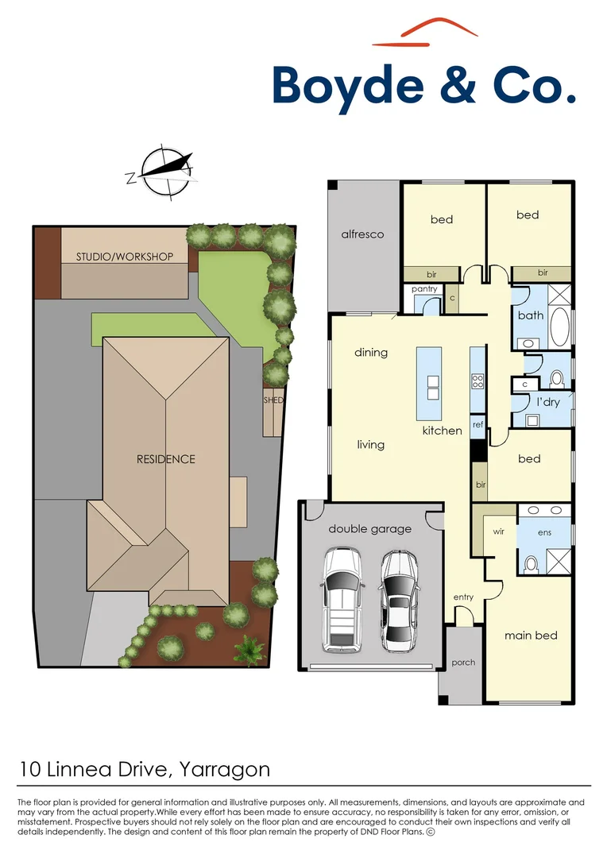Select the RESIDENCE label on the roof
[x=165, y=459]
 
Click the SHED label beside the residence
[x=273, y=400]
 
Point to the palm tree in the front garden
[x=249, y=649]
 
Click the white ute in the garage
[x=341, y=598]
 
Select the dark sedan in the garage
[x=399, y=598]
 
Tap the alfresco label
[x=362, y=234]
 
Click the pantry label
[x=424, y=289]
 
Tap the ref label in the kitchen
[x=477, y=425]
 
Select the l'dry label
[x=548, y=402]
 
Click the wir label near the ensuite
[x=500, y=531]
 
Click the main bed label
[x=531, y=636]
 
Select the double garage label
[x=370, y=528]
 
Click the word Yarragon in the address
[x=225, y=769]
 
